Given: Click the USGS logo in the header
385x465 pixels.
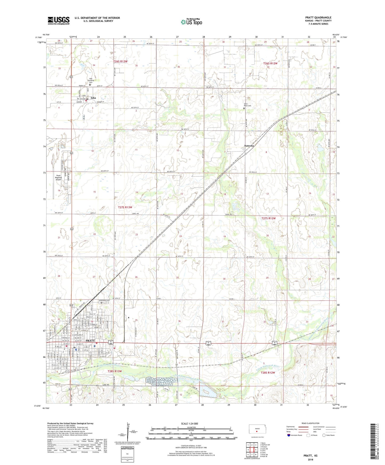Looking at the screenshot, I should point(59,20).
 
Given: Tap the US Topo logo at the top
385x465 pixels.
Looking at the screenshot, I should point(191,22).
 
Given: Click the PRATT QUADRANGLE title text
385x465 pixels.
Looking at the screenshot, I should point(318,18).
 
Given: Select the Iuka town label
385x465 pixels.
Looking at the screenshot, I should point(93,98).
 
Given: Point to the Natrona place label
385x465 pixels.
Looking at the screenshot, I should point(249,146).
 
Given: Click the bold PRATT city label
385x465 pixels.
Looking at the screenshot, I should point(90,341).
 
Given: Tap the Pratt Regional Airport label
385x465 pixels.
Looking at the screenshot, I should point(58,177).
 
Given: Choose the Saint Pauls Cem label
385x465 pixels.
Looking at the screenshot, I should point(248,105).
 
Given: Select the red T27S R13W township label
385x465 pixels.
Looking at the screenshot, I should point(125,207).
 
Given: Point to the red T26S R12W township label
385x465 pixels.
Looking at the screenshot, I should point(270,63).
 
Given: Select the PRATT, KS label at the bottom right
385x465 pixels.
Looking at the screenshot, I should point(310,456).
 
